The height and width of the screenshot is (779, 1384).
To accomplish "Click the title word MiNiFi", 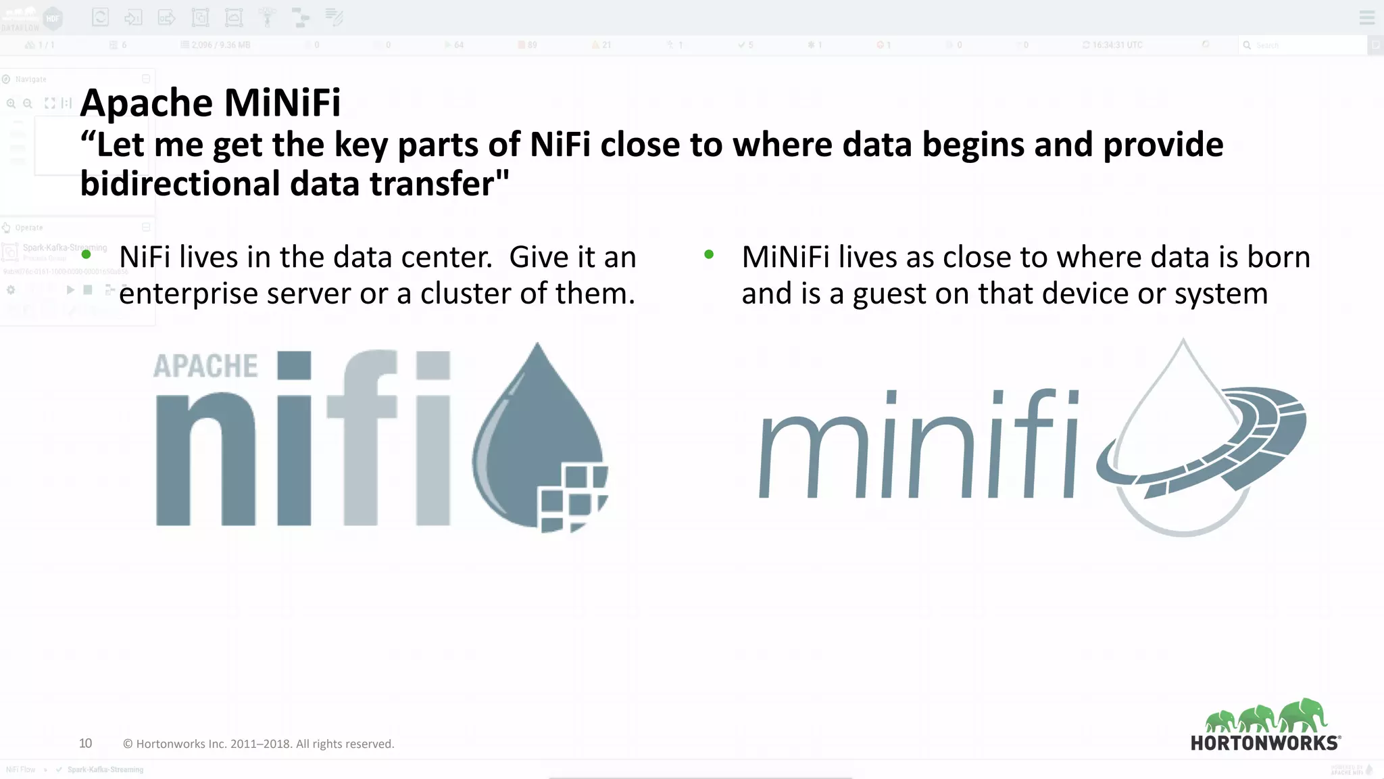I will click(x=282, y=103).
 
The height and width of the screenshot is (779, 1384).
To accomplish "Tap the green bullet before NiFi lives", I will click(x=86, y=255).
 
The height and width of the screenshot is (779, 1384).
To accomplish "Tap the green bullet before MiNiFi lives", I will click(x=708, y=255).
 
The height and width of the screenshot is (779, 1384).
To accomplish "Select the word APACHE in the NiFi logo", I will click(x=205, y=367).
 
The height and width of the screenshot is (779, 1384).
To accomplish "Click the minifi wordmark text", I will click(x=919, y=446).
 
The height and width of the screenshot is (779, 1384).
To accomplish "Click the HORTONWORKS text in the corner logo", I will click(x=1264, y=743).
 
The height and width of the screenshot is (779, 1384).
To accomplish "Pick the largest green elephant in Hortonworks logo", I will click(x=1303, y=715).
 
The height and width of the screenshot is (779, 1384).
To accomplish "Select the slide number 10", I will click(x=85, y=743).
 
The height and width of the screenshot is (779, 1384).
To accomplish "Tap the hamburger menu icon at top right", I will click(x=1366, y=18).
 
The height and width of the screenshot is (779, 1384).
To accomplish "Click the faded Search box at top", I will click(x=1301, y=45).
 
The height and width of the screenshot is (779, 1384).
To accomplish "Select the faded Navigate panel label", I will click(x=30, y=79).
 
